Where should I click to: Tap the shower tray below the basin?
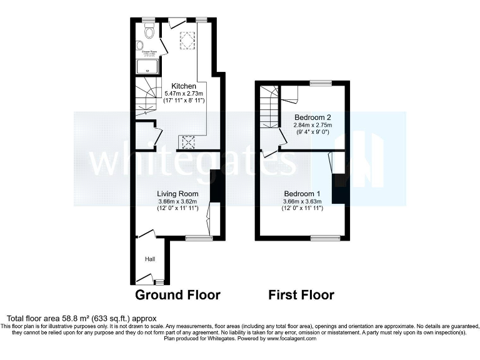click(x=146, y=65)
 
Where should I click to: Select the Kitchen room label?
click(x=184, y=86)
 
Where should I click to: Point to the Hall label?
click(x=150, y=259)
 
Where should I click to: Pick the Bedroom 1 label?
click(x=302, y=194)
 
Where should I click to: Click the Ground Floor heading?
click(x=178, y=294)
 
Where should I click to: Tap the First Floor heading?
click(x=301, y=294)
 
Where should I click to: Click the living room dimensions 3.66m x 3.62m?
click(x=177, y=201)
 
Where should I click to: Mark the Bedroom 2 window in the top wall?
click(x=321, y=82)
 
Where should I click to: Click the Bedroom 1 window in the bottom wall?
click(x=326, y=237)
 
